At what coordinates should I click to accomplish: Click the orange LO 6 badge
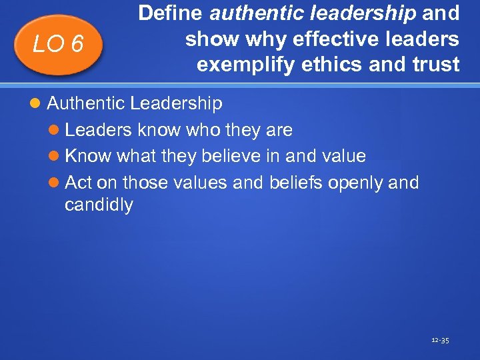[59, 43]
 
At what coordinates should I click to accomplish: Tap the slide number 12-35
[441, 341]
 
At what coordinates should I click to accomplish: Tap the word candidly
[99, 205]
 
